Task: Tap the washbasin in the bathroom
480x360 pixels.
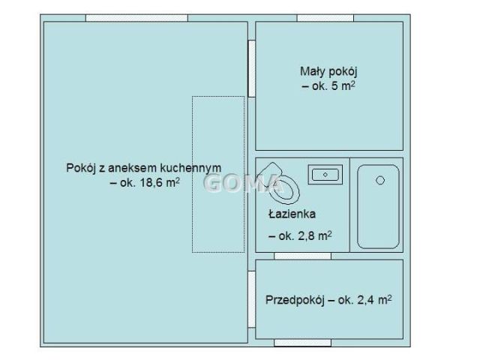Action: click(325, 174)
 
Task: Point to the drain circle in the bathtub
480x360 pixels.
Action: click(380, 180)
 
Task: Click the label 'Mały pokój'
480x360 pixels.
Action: click(327, 72)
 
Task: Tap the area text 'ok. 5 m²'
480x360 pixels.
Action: click(328, 86)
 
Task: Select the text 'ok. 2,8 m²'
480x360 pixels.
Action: click(300, 235)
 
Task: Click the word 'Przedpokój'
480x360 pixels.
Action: click(294, 300)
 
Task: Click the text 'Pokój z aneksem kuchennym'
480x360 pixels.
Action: click(143, 168)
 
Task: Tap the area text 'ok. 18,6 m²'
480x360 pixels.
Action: click(145, 182)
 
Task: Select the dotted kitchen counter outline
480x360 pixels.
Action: click(218, 174)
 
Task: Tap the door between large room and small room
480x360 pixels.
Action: click(251, 68)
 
